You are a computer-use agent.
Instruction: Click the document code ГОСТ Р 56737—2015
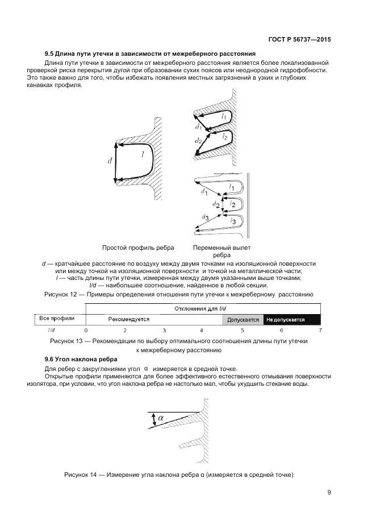[x=299, y=40]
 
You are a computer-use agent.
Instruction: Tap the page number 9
[x=329, y=493]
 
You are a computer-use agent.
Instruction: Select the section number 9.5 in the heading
[x=50, y=53]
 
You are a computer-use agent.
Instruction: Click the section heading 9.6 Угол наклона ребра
[x=81, y=359]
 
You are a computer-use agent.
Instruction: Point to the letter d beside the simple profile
[x=109, y=162]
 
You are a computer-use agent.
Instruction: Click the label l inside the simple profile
[x=142, y=154]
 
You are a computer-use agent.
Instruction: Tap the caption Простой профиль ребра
[x=138, y=248]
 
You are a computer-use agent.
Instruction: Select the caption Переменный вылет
[x=222, y=248]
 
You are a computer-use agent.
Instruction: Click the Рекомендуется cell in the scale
[x=129, y=319]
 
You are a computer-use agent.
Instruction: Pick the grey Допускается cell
[x=243, y=320]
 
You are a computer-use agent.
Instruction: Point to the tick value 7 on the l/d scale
[x=320, y=330]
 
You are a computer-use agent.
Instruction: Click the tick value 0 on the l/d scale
[x=86, y=330]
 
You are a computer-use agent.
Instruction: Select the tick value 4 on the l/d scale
[x=201, y=330]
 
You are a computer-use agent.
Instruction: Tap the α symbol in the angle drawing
[x=161, y=418]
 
